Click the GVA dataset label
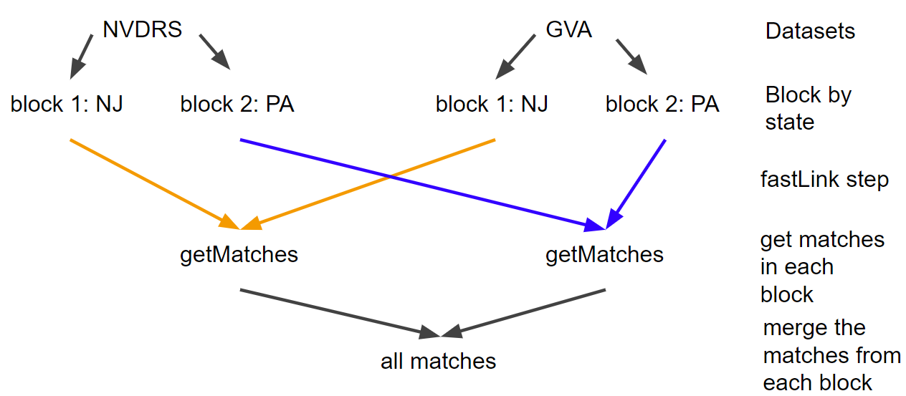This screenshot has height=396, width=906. pos(569,31)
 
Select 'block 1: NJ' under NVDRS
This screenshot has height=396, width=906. pos(67,105)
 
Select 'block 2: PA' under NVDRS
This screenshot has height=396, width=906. pos(237,105)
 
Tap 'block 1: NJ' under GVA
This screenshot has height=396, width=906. pos(492,105)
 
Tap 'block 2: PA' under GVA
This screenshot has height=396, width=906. pos(662,105)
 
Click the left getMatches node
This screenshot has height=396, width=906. pos(239,254)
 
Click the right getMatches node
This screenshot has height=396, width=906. pos(604,254)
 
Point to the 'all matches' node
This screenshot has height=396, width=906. pos(438,361)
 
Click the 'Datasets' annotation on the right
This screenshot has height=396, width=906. pos(810,32)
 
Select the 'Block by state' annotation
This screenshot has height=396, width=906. pos(808,108)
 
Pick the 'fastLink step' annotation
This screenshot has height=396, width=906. pos(824,179)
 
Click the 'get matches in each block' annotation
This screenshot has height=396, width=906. pos(822,266)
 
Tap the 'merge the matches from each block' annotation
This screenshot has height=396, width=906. pos(831,355)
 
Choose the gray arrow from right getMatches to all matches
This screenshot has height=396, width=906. pos(530,311)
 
